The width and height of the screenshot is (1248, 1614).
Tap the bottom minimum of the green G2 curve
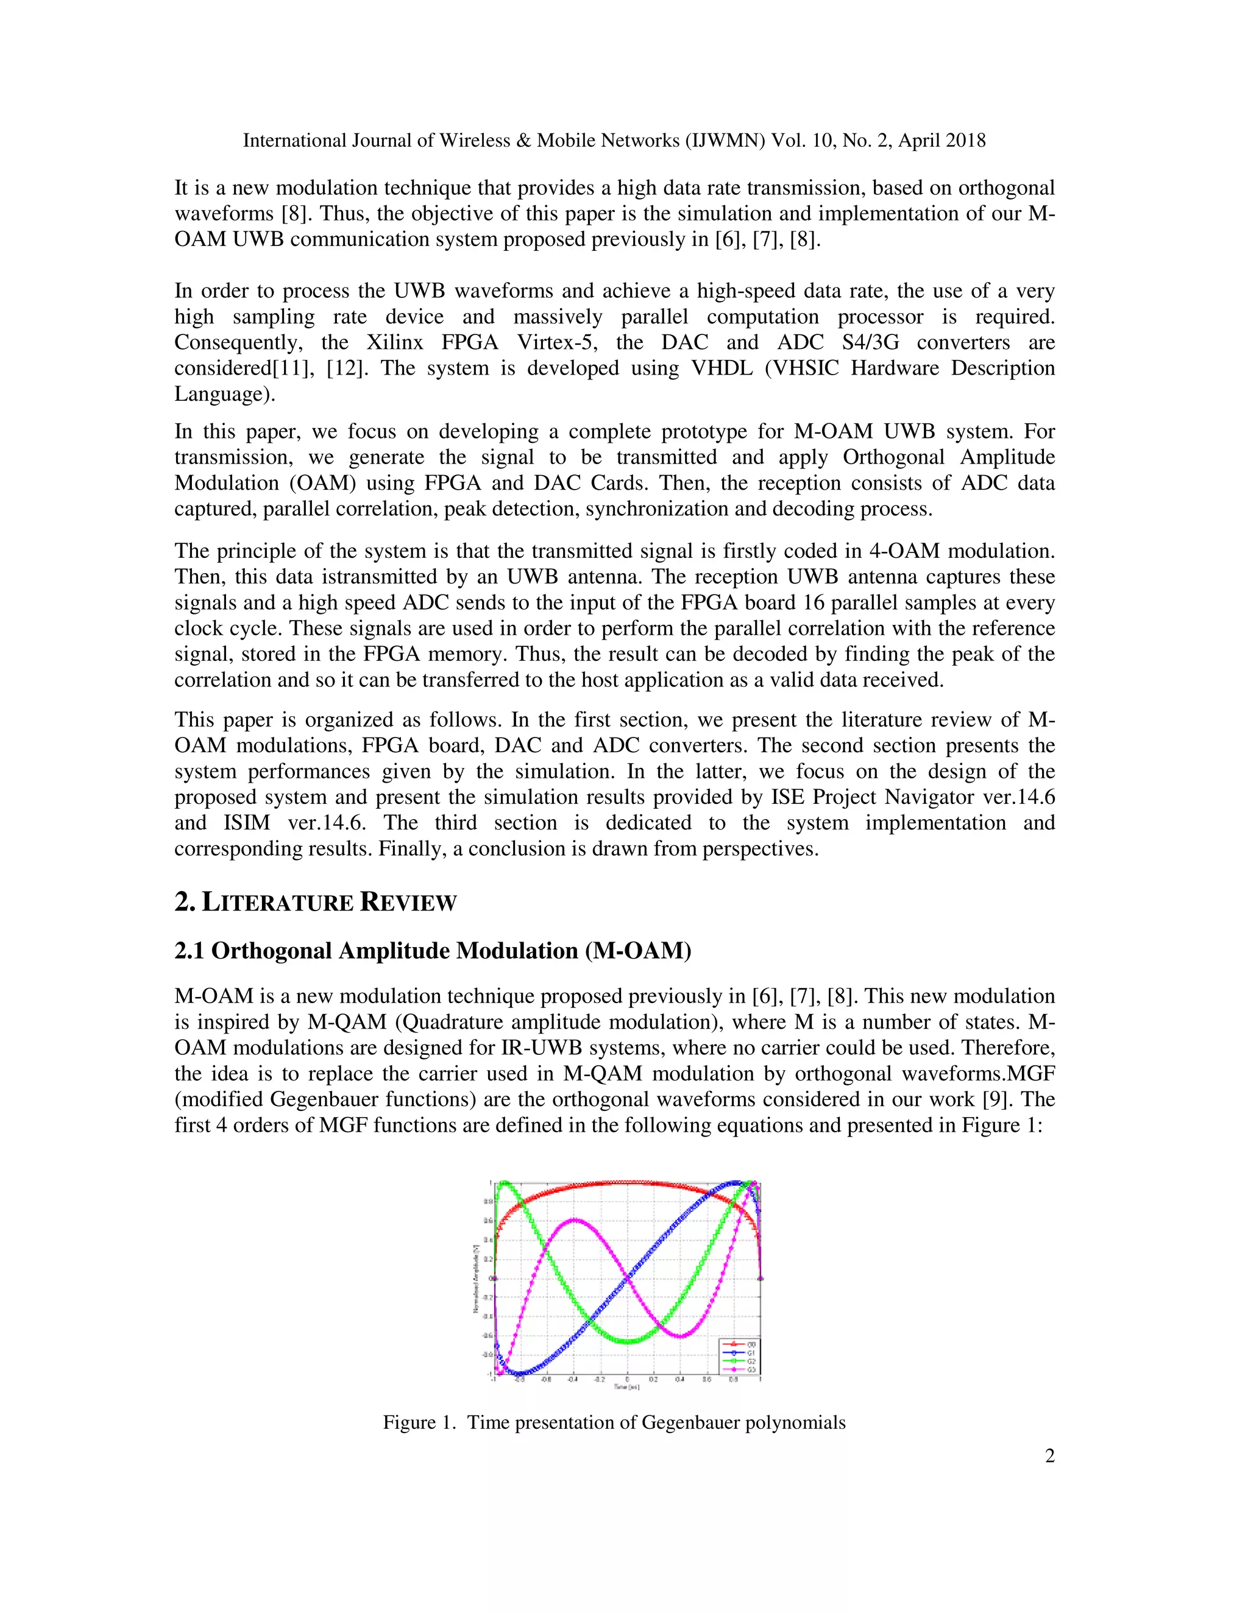point(628,1341)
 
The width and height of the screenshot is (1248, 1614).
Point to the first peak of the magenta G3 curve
point(575,1219)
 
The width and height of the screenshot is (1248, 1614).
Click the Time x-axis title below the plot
point(626,1387)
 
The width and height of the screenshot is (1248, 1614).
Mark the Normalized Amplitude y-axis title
point(475,1278)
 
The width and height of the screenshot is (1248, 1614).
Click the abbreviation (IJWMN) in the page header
point(725,141)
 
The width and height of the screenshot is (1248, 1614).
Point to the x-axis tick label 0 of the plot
point(627,1379)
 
